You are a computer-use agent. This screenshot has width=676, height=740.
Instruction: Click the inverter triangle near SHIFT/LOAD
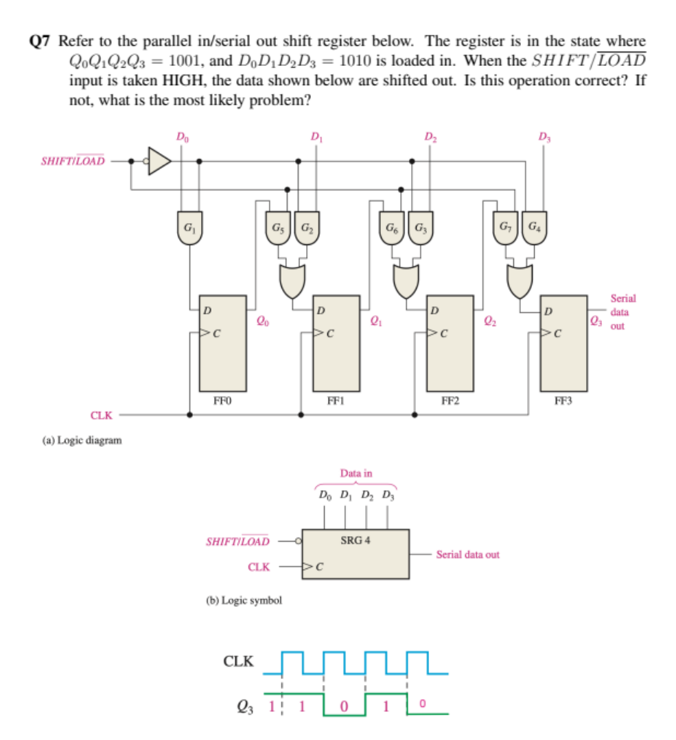click(160, 161)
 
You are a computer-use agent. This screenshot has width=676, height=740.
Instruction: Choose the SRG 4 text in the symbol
click(355, 540)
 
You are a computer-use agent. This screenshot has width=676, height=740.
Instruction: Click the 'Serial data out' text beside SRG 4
click(467, 554)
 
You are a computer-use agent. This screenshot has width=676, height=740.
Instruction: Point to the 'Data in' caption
click(356, 473)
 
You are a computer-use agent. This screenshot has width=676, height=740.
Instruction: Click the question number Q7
click(40, 41)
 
